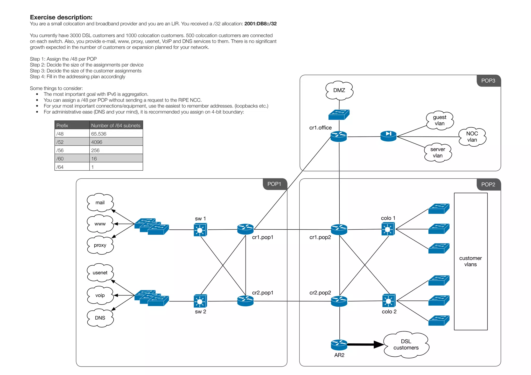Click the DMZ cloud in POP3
(339, 90)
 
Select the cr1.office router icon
(339, 136)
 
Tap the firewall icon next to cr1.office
(388, 136)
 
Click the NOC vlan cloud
(472, 137)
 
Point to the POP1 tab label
(274, 184)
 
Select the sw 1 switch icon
(200, 230)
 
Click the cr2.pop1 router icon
(245, 301)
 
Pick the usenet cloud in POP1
(100, 273)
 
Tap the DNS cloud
(100, 318)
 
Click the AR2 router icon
(339, 344)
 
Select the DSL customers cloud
(406, 345)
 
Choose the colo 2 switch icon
(389, 301)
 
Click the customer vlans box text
(470, 261)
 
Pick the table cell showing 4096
(97, 142)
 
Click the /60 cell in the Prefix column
(60, 159)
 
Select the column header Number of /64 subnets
(116, 126)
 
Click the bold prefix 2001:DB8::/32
(260, 24)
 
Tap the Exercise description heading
(61, 17)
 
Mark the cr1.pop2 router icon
(339, 229)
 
